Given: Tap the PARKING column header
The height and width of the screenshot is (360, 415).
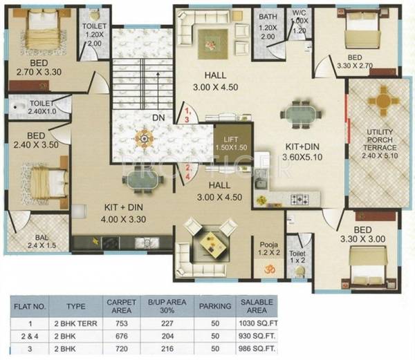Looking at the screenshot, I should coord(214,305).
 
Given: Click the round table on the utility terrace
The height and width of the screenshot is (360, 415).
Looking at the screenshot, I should coord(378,104).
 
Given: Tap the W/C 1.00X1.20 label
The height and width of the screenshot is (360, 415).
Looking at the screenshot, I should coord(299,21).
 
